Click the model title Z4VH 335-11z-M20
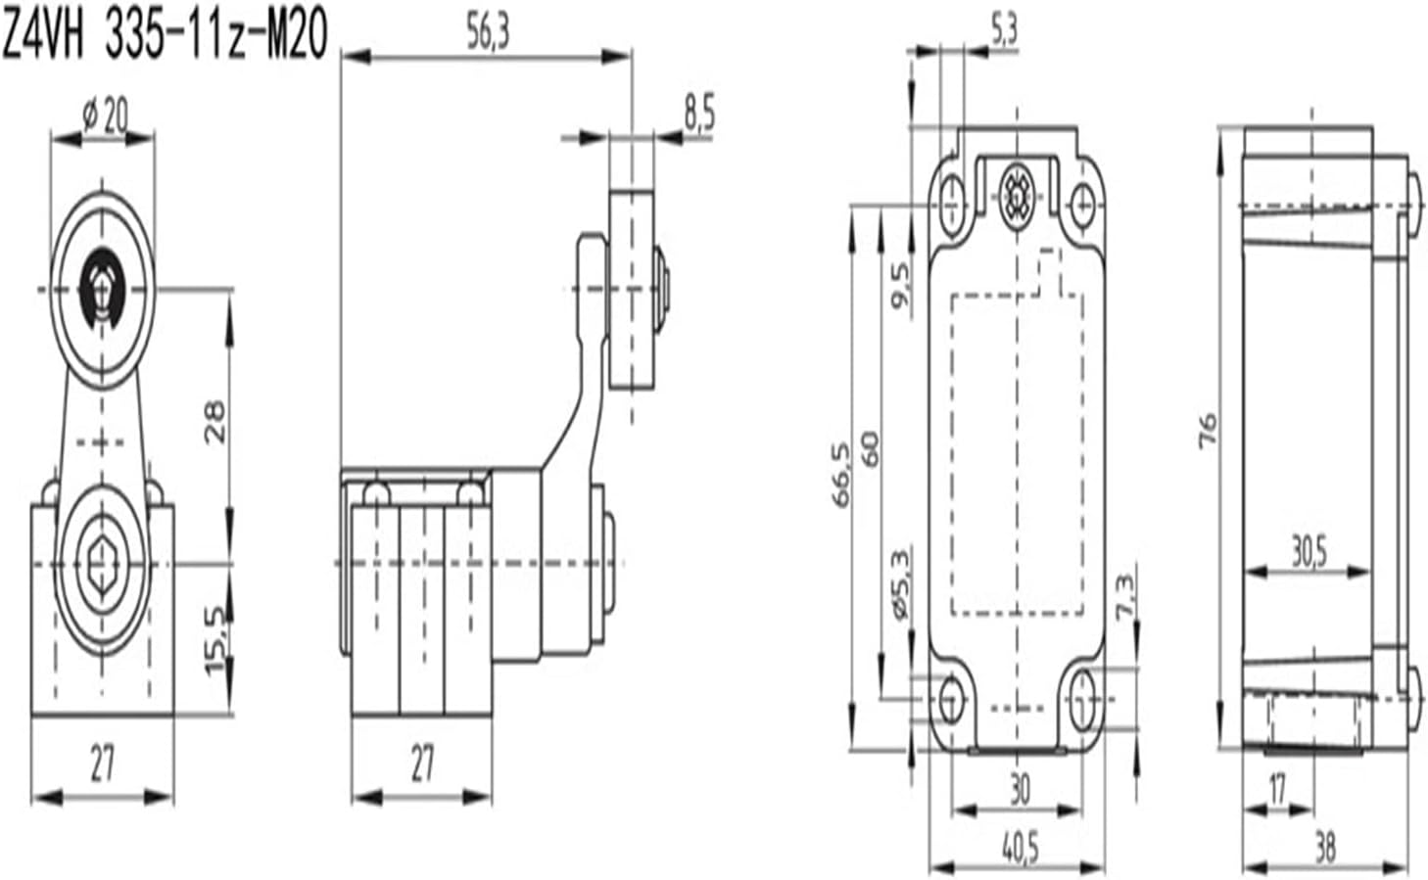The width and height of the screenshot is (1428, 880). pyautogui.click(x=164, y=36)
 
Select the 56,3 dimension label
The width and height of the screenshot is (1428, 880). pyautogui.click(x=487, y=34)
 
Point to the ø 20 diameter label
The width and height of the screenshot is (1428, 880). pyautogui.click(x=105, y=117)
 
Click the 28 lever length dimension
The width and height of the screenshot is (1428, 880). pyautogui.click(x=215, y=422)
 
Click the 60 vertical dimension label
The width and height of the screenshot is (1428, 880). pyautogui.click(x=870, y=447)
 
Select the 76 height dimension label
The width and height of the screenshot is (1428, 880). pyautogui.click(x=1208, y=430)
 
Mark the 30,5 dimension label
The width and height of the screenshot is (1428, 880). pyautogui.click(x=1307, y=553)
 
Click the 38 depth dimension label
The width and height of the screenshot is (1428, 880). pyautogui.click(x=1324, y=848)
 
